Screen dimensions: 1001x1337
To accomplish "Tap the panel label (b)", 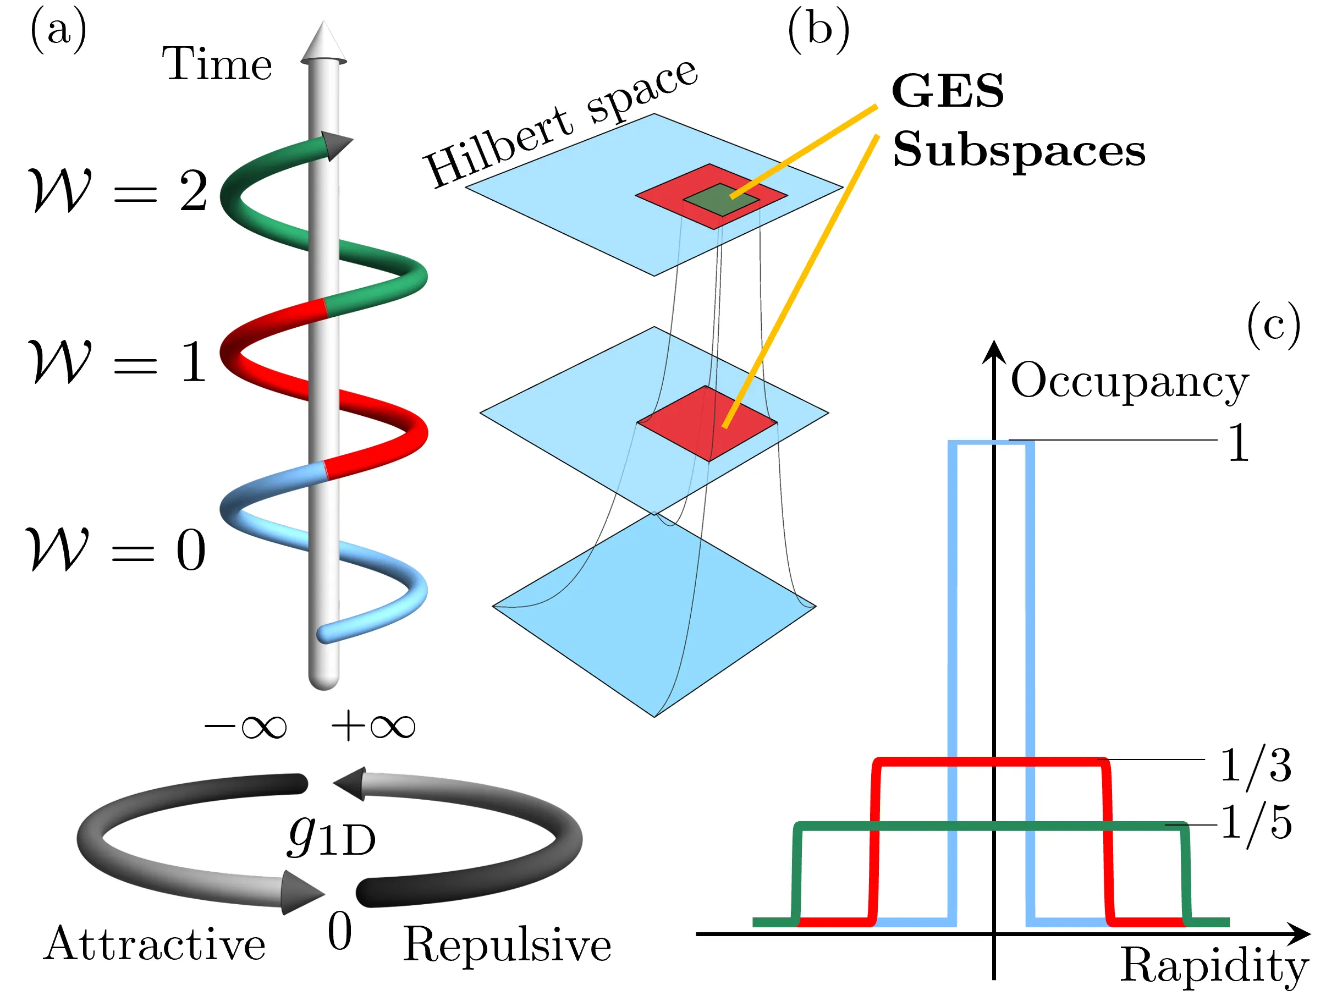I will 818,31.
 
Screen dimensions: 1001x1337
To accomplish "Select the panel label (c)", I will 1273,327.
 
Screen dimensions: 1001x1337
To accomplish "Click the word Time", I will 216,63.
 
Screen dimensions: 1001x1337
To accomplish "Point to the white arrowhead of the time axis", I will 323,42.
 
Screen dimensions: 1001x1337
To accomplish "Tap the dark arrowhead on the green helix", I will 335,145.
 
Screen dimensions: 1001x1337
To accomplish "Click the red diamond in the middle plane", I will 707,423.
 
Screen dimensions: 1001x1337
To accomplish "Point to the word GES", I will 947,92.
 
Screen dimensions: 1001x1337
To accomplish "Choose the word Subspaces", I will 1019,150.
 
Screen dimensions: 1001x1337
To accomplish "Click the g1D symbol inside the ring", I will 331,837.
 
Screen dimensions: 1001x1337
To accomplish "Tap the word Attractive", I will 155,944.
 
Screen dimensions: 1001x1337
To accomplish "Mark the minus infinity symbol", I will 245,726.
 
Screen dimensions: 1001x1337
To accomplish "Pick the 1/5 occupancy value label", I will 1256,823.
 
